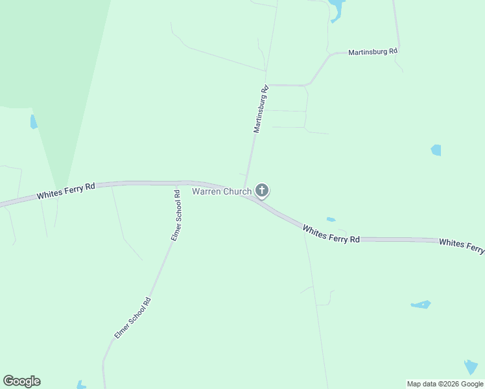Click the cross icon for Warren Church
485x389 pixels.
262,191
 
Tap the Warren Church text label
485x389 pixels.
221,192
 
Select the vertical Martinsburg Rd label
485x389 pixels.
261,110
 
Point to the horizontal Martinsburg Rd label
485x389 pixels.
373,51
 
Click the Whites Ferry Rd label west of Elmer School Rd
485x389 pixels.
66,191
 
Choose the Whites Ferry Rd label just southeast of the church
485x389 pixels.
331,234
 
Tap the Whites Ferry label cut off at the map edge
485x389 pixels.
462,246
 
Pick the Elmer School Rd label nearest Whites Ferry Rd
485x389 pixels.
176,216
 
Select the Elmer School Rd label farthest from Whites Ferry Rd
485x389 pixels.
133,318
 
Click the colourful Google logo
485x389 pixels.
21,381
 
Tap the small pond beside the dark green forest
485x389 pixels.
34,121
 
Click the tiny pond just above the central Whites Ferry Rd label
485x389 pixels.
331,220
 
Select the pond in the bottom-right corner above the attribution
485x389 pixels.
471,367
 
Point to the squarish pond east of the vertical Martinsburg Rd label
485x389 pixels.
436,150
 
